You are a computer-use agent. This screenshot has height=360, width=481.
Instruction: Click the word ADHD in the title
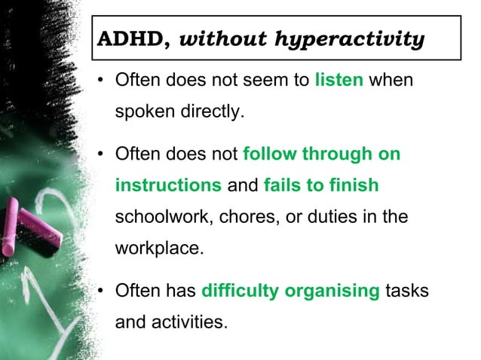pos(123,39)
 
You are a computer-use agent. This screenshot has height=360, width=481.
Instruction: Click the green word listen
pos(339,80)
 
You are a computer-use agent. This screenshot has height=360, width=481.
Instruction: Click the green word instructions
pos(168,185)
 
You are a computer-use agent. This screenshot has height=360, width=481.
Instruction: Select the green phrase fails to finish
pos(321,185)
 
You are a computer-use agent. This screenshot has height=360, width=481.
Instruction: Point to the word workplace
pos(158,248)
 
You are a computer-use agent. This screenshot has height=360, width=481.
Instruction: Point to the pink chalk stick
pos(30,230)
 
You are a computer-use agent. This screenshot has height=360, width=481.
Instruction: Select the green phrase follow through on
pos(321,154)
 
